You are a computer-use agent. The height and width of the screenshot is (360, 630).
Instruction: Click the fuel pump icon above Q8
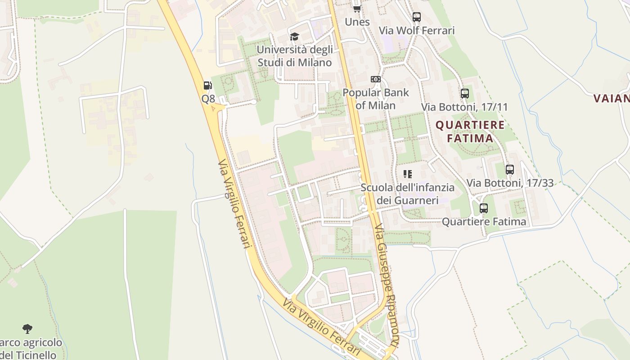click(x=207, y=85)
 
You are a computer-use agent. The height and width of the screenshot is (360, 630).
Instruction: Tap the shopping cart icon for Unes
click(x=357, y=9)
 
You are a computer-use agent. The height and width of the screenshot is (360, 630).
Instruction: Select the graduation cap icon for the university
click(x=294, y=36)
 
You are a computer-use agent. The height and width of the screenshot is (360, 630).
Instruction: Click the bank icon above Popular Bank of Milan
click(x=375, y=79)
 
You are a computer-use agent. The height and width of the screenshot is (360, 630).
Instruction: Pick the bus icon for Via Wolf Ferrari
click(x=417, y=17)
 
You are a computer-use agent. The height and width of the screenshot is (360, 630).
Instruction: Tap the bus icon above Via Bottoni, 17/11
click(x=465, y=94)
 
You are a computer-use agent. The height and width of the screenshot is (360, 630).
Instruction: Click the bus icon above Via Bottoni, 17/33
click(x=510, y=170)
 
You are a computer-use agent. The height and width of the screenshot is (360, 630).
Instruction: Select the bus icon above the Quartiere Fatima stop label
click(x=484, y=208)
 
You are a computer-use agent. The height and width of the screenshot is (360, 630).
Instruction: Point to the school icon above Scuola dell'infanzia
click(x=408, y=174)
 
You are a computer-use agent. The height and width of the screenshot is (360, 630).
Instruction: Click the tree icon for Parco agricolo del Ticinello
click(x=27, y=329)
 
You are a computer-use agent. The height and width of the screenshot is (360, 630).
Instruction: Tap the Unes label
click(x=357, y=22)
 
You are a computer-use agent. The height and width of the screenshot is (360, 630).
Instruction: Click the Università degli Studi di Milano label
click(x=295, y=56)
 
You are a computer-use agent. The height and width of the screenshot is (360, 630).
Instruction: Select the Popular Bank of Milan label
click(x=376, y=99)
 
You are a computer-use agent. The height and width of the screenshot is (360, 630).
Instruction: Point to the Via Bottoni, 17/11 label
click(x=464, y=107)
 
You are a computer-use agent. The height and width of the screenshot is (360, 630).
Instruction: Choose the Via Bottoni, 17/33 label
click(x=510, y=183)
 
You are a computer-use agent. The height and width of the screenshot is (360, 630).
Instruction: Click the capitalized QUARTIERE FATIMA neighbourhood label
click(x=470, y=131)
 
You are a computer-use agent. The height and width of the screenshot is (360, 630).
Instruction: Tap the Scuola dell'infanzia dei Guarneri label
click(x=408, y=193)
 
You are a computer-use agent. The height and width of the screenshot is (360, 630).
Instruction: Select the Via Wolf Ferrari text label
click(x=417, y=30)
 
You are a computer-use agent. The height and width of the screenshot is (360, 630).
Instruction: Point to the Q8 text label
click(x=208, y=99)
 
